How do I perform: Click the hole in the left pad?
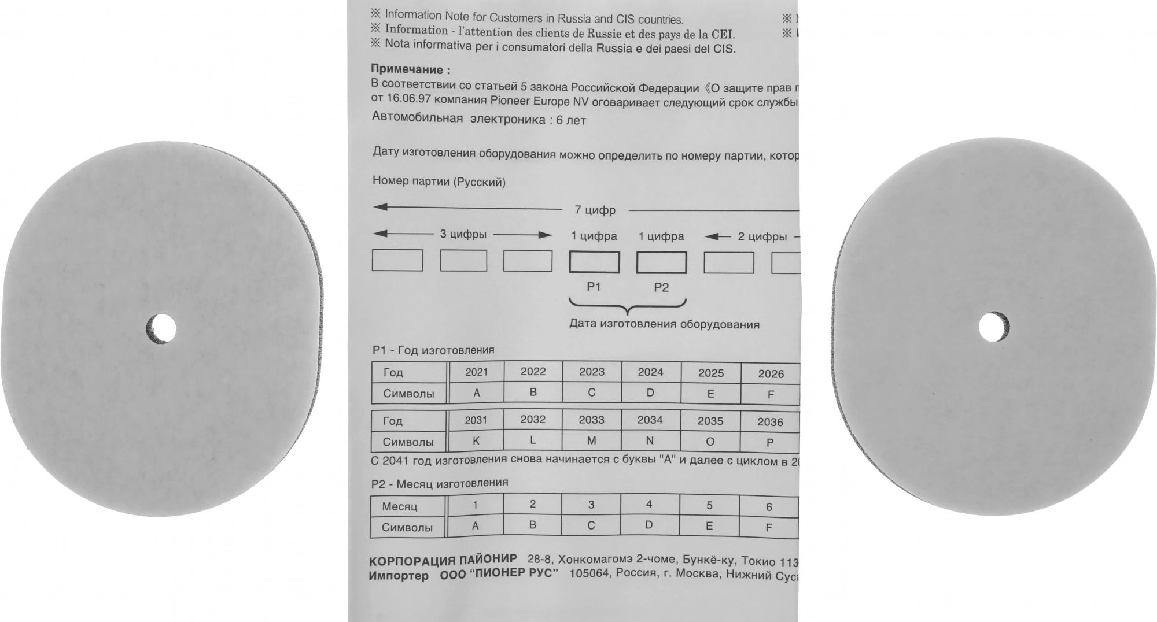coord(161,329)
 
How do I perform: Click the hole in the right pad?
coord(993,327)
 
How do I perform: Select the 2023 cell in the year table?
coord(591,372)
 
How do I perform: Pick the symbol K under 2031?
coord(476,441)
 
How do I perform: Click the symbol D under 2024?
coord(650,393)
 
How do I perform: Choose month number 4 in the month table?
coord(648,505)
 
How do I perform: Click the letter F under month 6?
coord(768,527)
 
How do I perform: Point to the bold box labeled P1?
coord(594,262)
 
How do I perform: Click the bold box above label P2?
coord(661,262)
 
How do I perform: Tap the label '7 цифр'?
coord(595,210)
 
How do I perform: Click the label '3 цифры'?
coord(463,234)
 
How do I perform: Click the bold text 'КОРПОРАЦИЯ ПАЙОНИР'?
coord(443,560)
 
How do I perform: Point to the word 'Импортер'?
coord(399,576)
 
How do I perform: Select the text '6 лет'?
coord(570,120)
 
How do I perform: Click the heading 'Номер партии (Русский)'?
coord(439,182)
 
